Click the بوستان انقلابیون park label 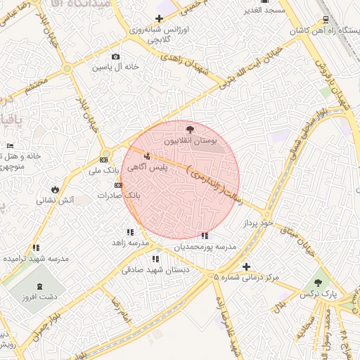click(x=191, y=141)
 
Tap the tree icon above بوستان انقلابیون click(x=190, y=129)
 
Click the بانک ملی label click(x=101, y=171)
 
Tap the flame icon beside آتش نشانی click(x=54, y=189)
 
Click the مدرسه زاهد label click(x=130, y=242)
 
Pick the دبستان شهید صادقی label click(x=152, y=269)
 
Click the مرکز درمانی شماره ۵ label click(x=247, y=277)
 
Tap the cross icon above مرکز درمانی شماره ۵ click(x=246, y=266)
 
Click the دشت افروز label click(x=39, y=297)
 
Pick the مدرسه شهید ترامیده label click(x=36, y=259)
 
